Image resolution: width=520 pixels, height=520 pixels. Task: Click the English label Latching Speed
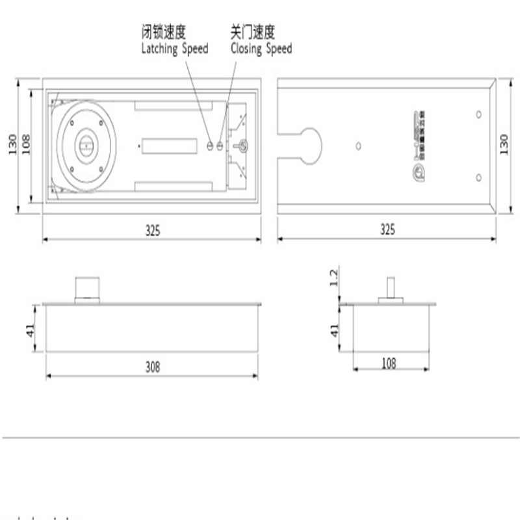(175, 49)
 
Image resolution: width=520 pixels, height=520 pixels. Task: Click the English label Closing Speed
(261, 49)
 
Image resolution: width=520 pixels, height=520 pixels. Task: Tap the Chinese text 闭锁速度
(163, 32)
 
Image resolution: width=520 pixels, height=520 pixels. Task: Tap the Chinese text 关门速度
(253, 32)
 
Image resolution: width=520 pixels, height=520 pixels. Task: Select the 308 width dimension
(152, 367)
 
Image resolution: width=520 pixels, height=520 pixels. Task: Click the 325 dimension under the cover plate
(387, 229)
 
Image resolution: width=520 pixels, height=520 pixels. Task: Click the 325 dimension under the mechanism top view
(152, 229)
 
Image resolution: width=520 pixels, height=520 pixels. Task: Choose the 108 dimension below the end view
(388, 364)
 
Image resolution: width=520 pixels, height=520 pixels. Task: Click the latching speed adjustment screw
(210, 146)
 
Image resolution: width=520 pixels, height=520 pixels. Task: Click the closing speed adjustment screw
(220, 146)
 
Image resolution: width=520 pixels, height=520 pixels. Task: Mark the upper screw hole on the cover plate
(478, 115)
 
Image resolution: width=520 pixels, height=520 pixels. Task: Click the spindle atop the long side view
(87, 288)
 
